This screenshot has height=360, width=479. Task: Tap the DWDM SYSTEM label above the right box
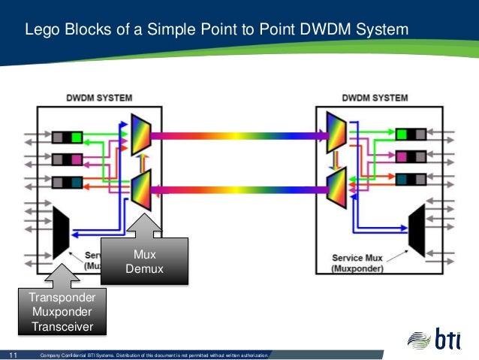click(x=375, y=98)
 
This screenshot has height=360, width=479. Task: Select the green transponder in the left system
click(x=68, y=137)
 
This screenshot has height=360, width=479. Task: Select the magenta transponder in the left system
click(x=68, y=159)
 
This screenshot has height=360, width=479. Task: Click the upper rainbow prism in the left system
click(x=140, y=136)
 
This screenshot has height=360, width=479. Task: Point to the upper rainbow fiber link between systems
click(x=239, y=136)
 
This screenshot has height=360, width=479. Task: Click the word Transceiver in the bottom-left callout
click(x=62, y=325)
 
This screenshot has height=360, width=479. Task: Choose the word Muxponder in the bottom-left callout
click(x=62, y=312)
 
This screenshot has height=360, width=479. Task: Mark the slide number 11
click(x=12, y=354)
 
